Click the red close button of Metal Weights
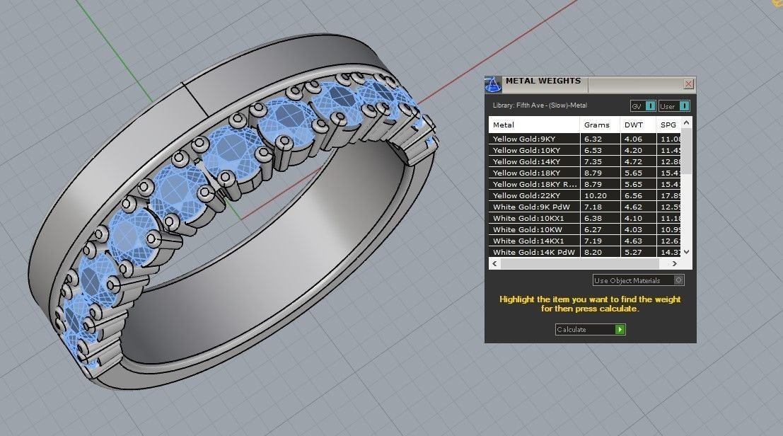click(688, 84)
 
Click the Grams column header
click(596, 125)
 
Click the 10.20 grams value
click(595, 195)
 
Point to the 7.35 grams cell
click(593, 162)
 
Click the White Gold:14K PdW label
click(534, 252)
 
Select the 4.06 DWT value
click(632, 139)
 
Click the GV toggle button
click(642, 106)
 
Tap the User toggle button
click(673, 106)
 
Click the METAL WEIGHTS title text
click(543, 81)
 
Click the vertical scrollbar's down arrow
click(686, 252)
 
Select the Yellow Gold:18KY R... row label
click(533, 184)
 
